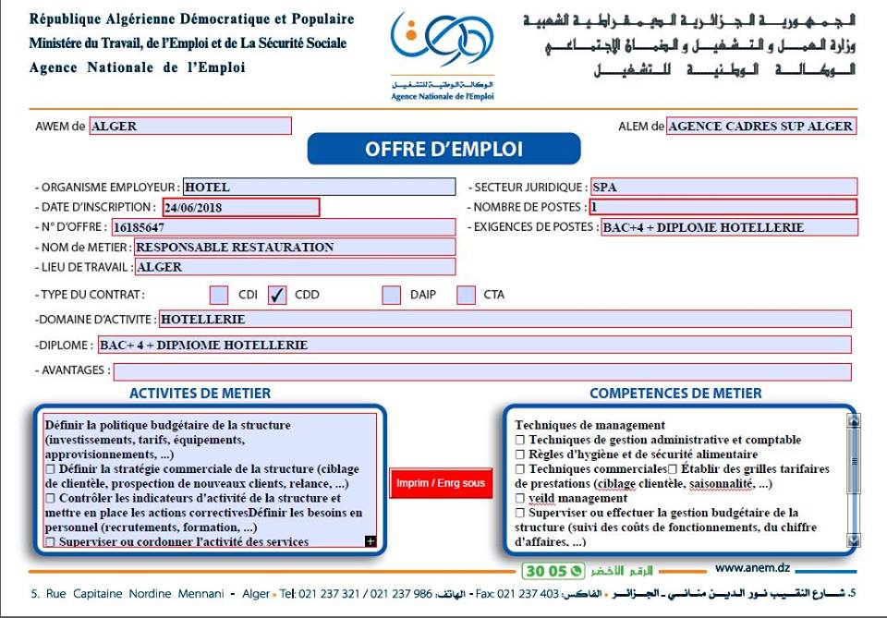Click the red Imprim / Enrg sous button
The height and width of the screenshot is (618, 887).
(x=441, y=483)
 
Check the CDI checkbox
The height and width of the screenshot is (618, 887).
(x=219, y=296)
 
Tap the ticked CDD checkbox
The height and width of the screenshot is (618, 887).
(x=277, y=296)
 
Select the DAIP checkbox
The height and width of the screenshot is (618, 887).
(x=392, y=296)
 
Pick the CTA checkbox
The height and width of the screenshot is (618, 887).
(x=467, y=296)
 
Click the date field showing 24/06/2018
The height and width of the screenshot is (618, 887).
(x=241, y=208)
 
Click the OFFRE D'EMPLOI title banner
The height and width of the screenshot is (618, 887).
(x=443, y=149)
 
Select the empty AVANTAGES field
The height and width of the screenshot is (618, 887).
(x=481, y=371)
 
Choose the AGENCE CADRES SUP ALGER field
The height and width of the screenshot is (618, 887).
(x=760, y=127)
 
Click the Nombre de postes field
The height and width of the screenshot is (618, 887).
(x=723, y=208)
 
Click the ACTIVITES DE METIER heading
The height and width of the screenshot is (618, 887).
(x=200, y=394)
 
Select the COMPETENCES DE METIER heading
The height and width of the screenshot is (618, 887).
(x=675, y=394)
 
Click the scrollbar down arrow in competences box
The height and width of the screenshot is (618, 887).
(x=853, y=539)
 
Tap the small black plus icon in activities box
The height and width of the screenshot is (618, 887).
(x=371, y=541)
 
